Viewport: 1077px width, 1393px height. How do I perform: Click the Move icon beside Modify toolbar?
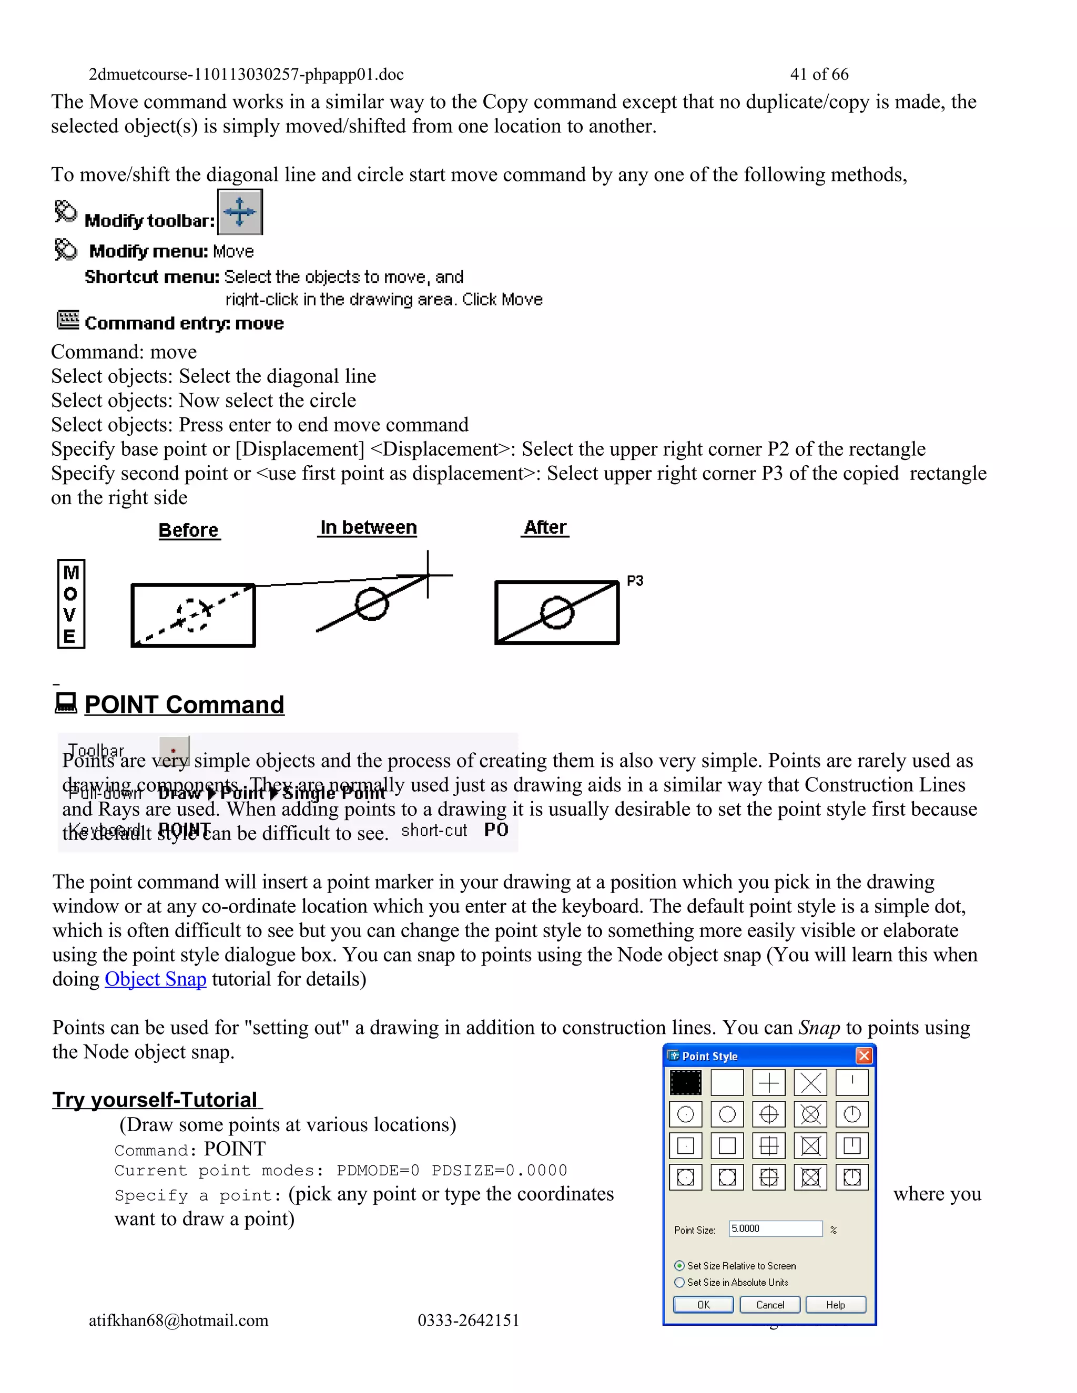pyautogui.click(x=240, y=212)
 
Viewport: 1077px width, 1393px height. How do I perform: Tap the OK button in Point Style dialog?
pyautogui.click(x=703, y=1304)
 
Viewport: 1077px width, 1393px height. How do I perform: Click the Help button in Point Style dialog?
pyautogui.click(x=835, y=1304)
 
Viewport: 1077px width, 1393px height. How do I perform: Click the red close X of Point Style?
pyautogui.click(x=864, y=1056)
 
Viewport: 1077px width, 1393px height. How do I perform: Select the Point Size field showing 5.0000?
pyautogui.click(x=775, y=1228)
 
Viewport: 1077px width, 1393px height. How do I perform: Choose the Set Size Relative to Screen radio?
pyautogui.click(x=679, y=1265)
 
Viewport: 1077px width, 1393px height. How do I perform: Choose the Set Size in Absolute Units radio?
pyautogui.click(x=679, y=1282)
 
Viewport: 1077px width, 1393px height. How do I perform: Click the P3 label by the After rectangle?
pyautogui.click(x=635, y=580)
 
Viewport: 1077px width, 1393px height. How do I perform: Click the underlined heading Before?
pyautogui.click(x=188, y=530)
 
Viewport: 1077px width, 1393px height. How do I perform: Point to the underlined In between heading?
pyautogui.click(x=368, y=527)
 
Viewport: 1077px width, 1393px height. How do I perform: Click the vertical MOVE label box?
pyautogui.click(x=71, y=603)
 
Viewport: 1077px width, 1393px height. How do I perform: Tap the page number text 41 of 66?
pyautogui.click(x=819, y=74)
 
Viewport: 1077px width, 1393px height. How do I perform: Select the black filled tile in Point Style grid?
pyautogui.click(x=685, y=1082)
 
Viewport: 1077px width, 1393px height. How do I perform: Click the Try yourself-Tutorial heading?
pyautogui.click(x=155, y=1099)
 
